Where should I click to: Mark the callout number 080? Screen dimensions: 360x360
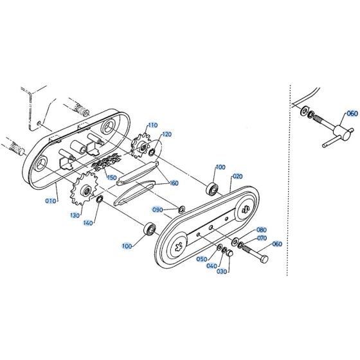click(x=261, y=230)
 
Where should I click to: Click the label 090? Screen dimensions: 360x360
click(x=157, y=210)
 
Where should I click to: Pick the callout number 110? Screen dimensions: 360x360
click(x=152, y=125)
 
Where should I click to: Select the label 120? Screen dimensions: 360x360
click(x=166, y=134)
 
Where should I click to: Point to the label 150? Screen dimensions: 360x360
click(x=112, y=177)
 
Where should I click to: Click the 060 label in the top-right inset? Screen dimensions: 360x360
click(x=351, y=114)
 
